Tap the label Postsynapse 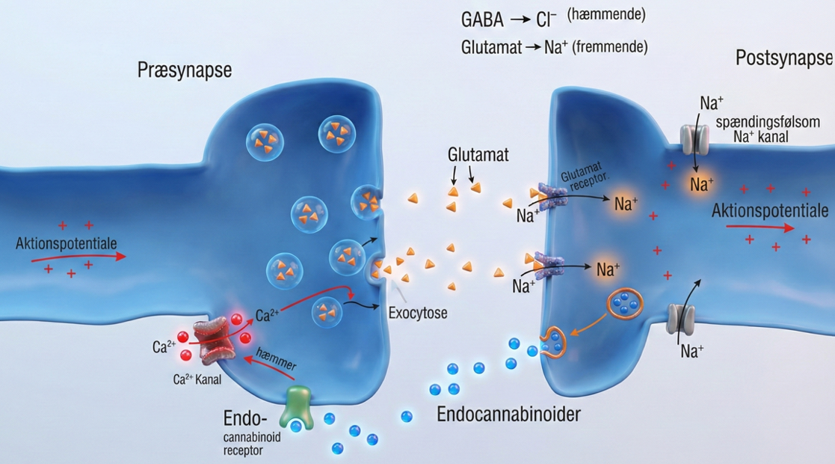(784, 58)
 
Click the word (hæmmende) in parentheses (606, 15)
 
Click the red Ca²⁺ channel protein (214, 336)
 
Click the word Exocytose (418, 313)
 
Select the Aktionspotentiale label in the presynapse (66, 243)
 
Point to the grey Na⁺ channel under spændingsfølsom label (694, 138)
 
